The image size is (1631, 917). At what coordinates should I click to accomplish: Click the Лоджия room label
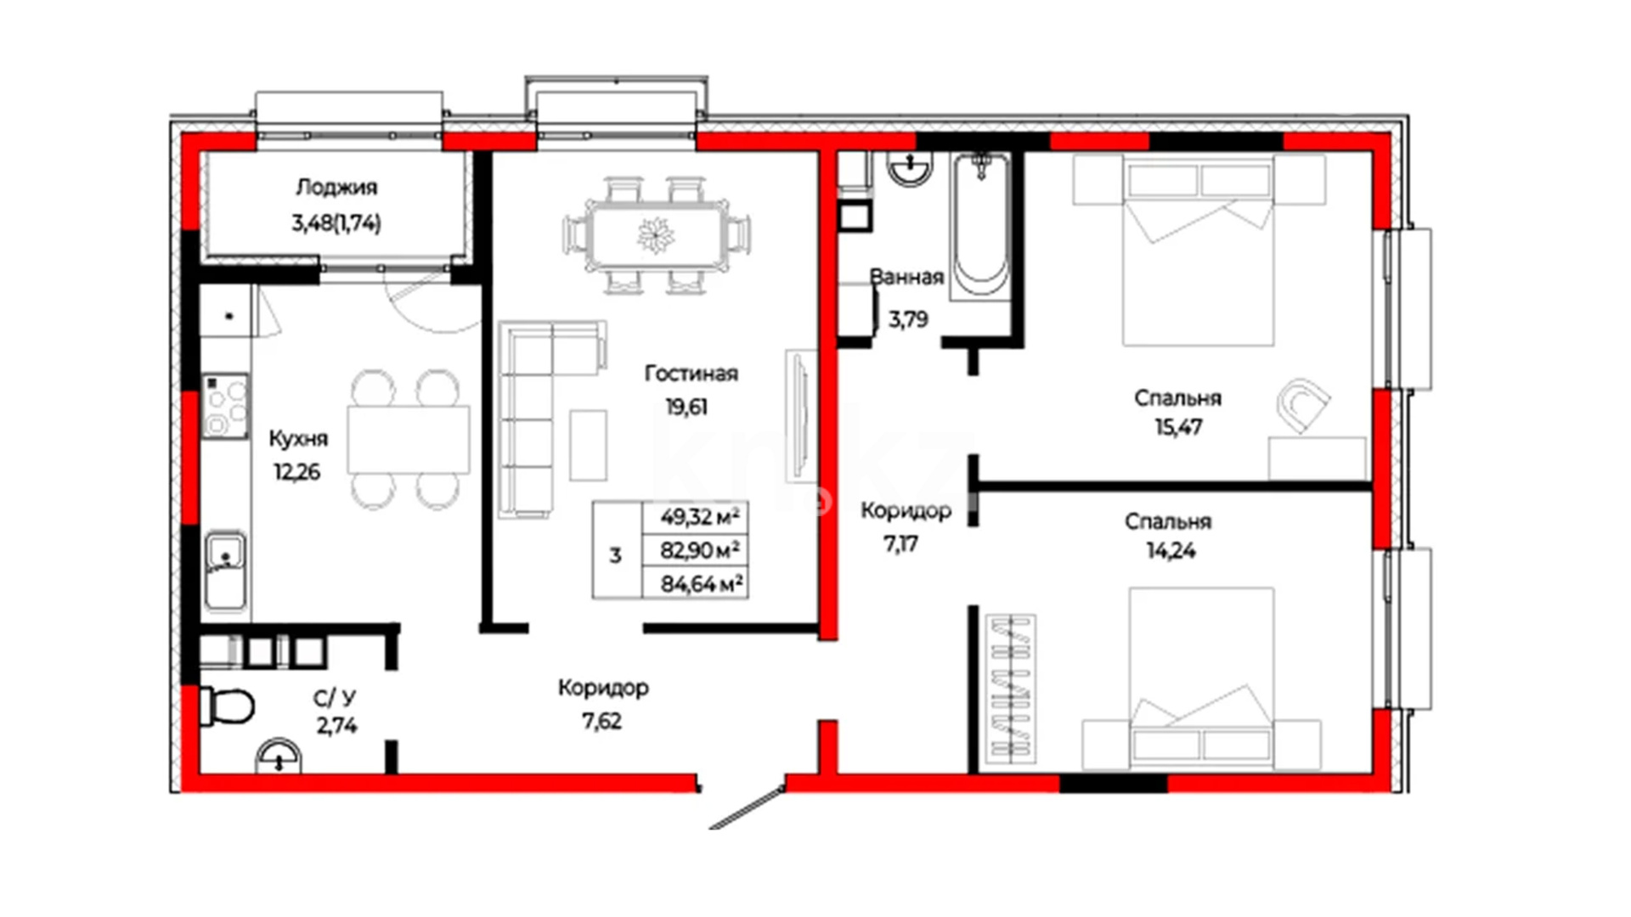pos(336,187)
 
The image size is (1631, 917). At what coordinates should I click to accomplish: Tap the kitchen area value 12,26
pos(296,471)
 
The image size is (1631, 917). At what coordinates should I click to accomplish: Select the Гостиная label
pos(691,374)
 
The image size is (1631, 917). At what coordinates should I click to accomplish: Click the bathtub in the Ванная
pos(981,225)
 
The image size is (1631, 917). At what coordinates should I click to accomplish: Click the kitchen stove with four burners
pos(225,406)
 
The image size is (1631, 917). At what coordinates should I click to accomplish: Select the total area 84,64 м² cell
pos(702,584)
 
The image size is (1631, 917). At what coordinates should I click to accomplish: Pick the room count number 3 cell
pos(616,556)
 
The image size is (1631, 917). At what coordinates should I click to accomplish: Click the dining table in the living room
pos(657,235)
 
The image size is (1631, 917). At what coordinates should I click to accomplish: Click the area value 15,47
pos(1177,426)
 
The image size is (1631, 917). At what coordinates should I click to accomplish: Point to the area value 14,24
pos(1171,551)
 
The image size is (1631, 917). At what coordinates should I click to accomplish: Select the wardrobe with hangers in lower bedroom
pos(1011,688)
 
